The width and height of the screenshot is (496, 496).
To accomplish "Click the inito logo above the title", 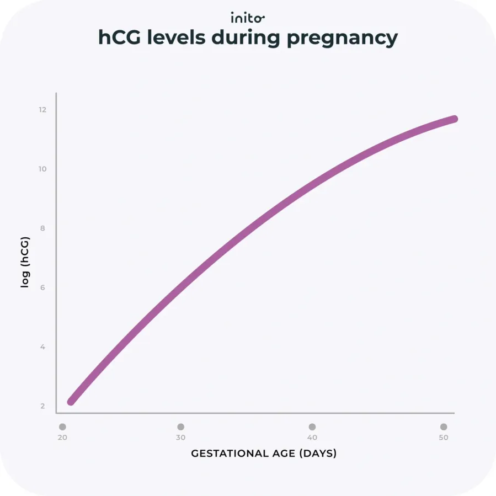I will pos(248,18).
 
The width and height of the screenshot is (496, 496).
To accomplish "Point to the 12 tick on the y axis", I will pos(42,110).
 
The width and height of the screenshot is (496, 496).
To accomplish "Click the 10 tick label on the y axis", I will pos(42,169).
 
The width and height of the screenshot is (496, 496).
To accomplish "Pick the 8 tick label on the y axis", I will pos(42,228).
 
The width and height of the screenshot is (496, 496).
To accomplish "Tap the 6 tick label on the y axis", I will pos(42,288).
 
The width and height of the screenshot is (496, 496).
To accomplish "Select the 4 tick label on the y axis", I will pos(42,347).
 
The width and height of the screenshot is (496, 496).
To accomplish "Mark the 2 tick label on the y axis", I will pos(42,407).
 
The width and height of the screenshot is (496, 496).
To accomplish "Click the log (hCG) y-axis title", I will pos(25,263).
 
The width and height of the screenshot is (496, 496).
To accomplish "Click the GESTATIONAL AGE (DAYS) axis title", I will pos(264,454).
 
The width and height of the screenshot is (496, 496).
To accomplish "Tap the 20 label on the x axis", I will pos(62,438).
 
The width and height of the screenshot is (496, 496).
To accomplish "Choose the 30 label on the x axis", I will pos(180,438).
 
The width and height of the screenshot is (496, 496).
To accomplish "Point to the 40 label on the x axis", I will pos(312,438).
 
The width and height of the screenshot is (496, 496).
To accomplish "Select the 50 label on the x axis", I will pos(443,438).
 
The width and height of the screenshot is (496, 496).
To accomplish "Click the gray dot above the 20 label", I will pos(62,427).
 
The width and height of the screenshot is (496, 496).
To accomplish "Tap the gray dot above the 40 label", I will pos(312,427).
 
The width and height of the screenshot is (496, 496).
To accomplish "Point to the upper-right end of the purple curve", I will pos(454,119).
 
